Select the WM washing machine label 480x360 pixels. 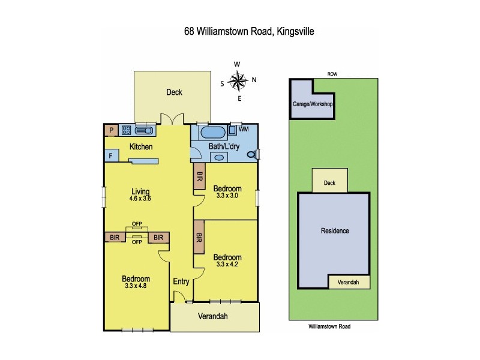[x=244, y=129]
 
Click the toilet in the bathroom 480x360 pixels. [x=258, y=155]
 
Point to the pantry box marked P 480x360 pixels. [x=111, y=130]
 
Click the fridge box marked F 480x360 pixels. [x=111, y=155]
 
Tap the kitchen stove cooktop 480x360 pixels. [x=127, y=130]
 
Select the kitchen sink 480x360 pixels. [x=145, y=130]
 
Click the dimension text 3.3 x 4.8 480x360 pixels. [x=136, y=286]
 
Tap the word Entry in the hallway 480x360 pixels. [x=181, y=281]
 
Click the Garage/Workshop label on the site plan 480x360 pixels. [x=312, y=104]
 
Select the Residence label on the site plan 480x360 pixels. [x=334, y=230]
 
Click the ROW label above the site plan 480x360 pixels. [x=332, y=74]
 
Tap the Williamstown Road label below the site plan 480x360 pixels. [x=329, y=327]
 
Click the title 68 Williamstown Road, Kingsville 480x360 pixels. [x=240, y=31]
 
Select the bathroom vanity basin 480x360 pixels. [x=219, y=157]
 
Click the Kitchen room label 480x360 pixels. [x=141, y=147]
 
